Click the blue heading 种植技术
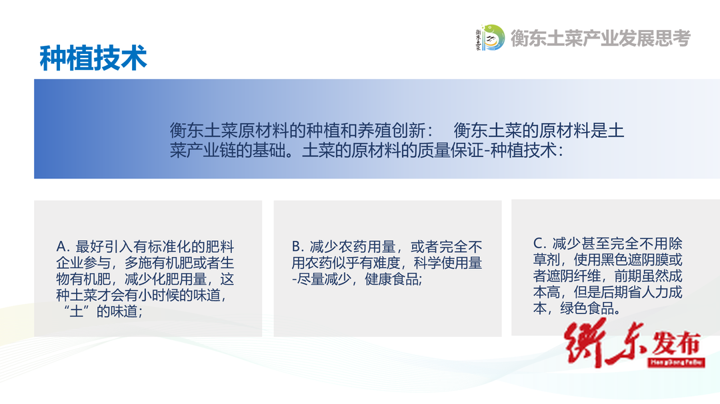click(x=93, y=59)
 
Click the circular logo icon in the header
click(x=491, y=37)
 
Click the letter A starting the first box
click(x=61, y=247)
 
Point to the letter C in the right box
click(x=538, y=243)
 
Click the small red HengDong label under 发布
click(x=677, y=362)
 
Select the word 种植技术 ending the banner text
click(x=523, y=150)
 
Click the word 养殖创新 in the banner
click(x=391, y=130)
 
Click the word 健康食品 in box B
click(x=392, y=279)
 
